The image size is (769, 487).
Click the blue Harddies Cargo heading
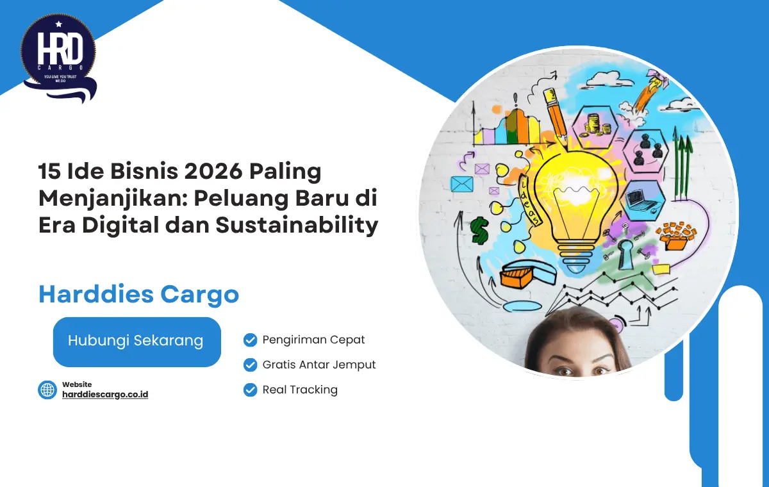click(138, 294)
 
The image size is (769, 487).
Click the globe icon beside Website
click(47, 390)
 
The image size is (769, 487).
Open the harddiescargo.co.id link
click(105, 395)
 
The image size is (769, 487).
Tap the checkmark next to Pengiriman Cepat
click(251, 340)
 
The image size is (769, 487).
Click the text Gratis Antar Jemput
click(319, 365)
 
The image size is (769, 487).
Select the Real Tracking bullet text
click(300, 390)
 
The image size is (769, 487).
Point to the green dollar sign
click(479, 230)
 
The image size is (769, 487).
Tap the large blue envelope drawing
click(461, 184)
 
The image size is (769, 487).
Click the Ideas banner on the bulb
click(532, 198)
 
